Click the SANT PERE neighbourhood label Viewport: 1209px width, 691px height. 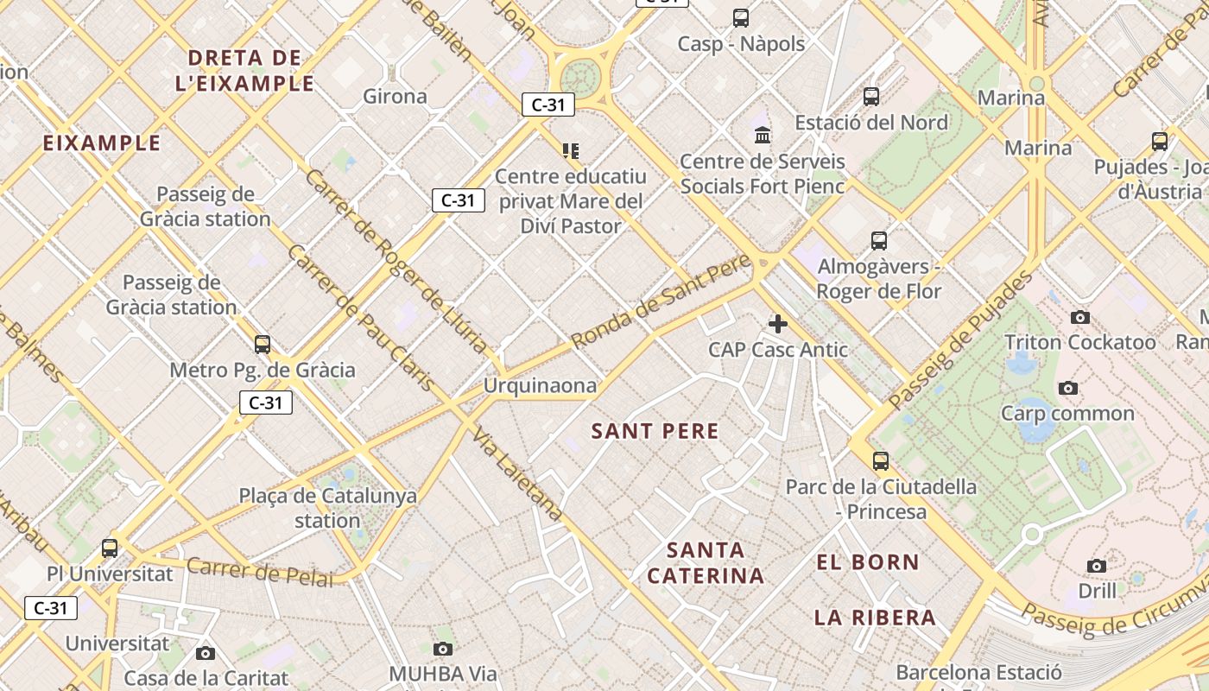click(655, 431)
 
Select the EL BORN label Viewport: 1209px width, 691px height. click(868, 562)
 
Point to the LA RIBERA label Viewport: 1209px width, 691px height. click(875, 618)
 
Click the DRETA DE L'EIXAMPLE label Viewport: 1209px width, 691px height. click(244, 71)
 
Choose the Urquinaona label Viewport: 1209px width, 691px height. click(540, 385)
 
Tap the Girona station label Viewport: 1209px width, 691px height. click(395, 96)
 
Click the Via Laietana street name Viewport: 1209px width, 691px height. click(518, 473)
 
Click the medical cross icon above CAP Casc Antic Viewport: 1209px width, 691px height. click(777, 324)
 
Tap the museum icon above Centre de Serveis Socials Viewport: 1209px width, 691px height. click(763, 135)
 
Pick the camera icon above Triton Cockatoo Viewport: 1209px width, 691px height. click(1079, 318)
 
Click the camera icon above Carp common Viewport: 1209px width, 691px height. click(1068, 388)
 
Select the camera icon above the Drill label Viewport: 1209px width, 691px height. click(1097, 567)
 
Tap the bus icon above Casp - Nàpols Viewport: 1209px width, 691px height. click(740, 17)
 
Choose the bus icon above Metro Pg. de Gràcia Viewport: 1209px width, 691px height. click(263, 345)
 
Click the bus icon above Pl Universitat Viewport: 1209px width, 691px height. click(110, 548)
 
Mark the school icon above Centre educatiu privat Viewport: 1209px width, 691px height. click(570, 151)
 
